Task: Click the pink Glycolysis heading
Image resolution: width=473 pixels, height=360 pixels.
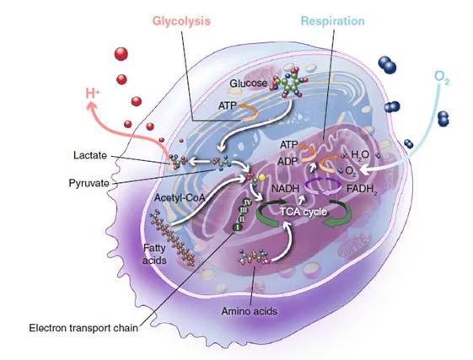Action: pyautogui.click(x=181, y=21)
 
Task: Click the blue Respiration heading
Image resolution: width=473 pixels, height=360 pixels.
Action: pyautogui.click(x=333, y=21)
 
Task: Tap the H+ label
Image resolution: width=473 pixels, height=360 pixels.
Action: pyautogui.click(x=92, y=94)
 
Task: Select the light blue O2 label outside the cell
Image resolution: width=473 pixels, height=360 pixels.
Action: pyautogui.click(x=442, y=78)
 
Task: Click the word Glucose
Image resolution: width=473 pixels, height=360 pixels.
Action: pyautogui.click(x=248, y=83)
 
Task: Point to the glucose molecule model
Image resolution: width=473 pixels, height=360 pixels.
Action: pyautogui.click(x=290, y=83)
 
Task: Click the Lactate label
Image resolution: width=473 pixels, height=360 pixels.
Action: pyautogui.click(x=90, y=155)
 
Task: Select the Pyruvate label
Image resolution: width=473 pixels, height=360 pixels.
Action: pyautogui.click(x=89, y=183)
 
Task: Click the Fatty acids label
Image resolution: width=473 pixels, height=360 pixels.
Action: pyautogui.click(x=154, y=254)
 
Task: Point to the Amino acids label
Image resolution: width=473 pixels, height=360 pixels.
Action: pyautogui.click(x=250, y=311)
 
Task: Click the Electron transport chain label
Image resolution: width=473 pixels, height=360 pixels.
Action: pyautogui.click(x=83, y=328)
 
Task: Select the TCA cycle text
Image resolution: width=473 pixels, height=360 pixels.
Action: pyautogui.click(x=304, y=212)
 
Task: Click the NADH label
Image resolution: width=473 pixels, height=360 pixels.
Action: pyautogui.click(x=285, y=189)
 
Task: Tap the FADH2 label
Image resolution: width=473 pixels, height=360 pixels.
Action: pyautogui.click(x=362, y=190)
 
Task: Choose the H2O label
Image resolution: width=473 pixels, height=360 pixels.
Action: pyautogui.click(x=360, y=155)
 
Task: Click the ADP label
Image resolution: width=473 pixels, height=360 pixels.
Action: pyautogui.click(x=288, y=161)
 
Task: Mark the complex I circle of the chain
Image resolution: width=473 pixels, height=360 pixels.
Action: pyautogui.click(x=237, y=228)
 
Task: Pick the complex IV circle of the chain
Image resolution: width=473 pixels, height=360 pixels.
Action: pyautogui.click(x=247, y=202)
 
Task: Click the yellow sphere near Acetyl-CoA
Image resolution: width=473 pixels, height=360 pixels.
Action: pyautogui.click(x=262, y=177)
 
